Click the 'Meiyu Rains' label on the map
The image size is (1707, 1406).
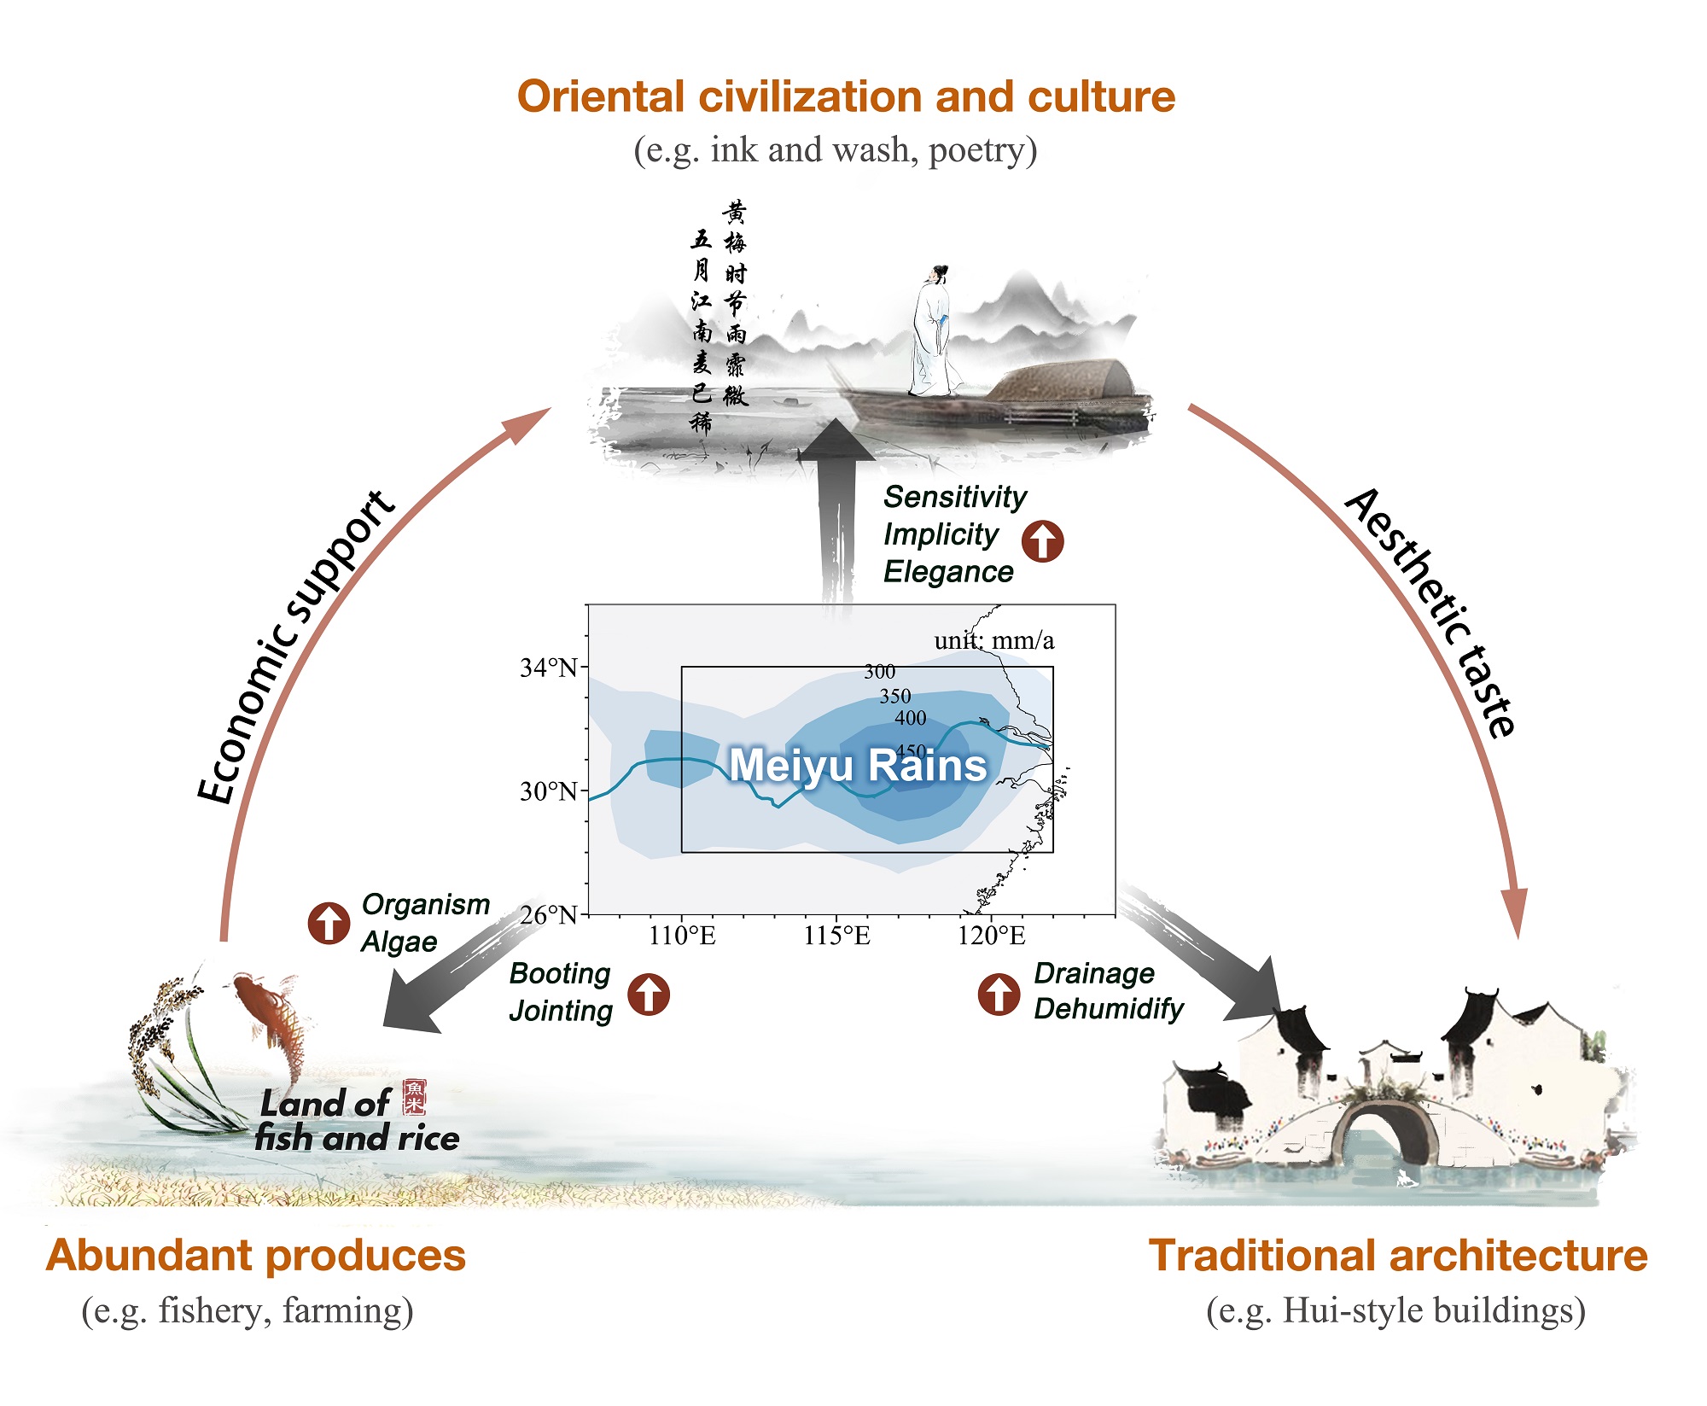tap(858, 765)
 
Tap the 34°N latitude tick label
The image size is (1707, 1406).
tap(549, 668)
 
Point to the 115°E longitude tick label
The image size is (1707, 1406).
tap(836, 936)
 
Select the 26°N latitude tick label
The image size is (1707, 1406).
tap(549, 915)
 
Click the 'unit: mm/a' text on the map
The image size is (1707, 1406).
tap(993, 640)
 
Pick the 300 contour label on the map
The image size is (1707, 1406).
tap(879, 672)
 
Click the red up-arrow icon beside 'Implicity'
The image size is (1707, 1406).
tap(1043, 541)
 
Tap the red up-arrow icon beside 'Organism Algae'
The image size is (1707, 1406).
tap(329, 923)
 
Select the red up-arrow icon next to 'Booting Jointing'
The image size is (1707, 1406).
tap(649, 994)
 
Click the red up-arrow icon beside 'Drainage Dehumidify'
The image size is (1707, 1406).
tap(999, 994)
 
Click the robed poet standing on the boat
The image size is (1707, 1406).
tap(933, 333)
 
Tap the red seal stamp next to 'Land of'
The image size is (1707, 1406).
tap(415, 1097)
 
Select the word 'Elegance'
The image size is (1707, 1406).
tap(948, 572)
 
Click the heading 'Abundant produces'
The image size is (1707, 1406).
tap(256, 1256)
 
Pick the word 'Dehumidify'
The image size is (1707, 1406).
tap(1109, 1009)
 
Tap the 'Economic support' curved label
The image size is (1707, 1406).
tap(294, 649)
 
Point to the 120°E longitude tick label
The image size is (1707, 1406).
tap(991, 936)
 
